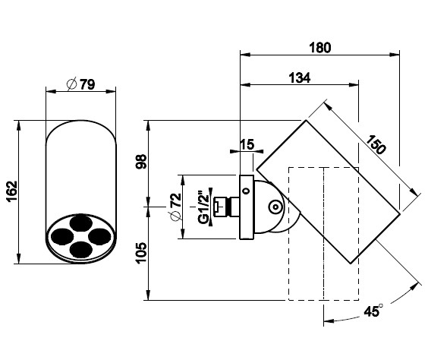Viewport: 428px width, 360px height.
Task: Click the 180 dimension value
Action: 320,47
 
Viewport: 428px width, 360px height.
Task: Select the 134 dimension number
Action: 300,77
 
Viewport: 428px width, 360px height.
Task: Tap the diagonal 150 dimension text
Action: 376,144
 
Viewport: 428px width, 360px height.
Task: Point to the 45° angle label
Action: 373,311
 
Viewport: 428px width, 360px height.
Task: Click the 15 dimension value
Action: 247,144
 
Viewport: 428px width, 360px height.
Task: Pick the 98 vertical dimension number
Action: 141,162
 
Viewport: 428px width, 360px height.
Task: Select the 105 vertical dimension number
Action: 141,253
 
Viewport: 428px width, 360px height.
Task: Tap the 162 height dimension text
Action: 11,191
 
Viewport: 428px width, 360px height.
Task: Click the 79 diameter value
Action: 87,84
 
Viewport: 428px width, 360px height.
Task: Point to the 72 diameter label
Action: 175,207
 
